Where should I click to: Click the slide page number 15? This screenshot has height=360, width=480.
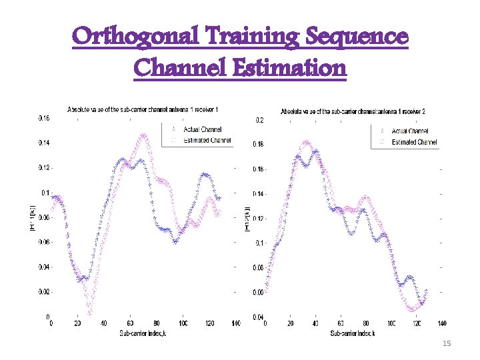pyautogui.click(x=447, y=343)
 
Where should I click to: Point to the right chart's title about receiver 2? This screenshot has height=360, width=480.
pyautogui.click(x=354, y=111)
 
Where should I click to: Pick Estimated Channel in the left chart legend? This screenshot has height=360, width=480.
pyautogui.click(x=209, y=140)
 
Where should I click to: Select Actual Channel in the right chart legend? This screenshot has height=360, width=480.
pyautogui.click(x=410, y=131)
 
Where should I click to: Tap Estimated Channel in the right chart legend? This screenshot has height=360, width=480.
pyautogui.click(x=414, y=143)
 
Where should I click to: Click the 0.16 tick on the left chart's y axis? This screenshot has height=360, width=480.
pyautogui.click(x=43, y=118)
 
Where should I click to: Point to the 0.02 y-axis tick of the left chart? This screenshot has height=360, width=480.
pyautogui.click(x=43, y=292)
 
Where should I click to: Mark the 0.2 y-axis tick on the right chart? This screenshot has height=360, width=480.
pyautogui.click(x=259, y=121)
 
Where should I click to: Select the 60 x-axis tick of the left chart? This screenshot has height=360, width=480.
pyautogui.click(x=130, y=323)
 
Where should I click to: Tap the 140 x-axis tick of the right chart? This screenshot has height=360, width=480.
pyautogui.click(x=441, y=323)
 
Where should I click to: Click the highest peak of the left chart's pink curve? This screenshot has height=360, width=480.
pyautogui.click(x=143, y=135)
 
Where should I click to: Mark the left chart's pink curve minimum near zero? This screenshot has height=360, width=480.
pyautogui.click(x=89, y=312)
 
